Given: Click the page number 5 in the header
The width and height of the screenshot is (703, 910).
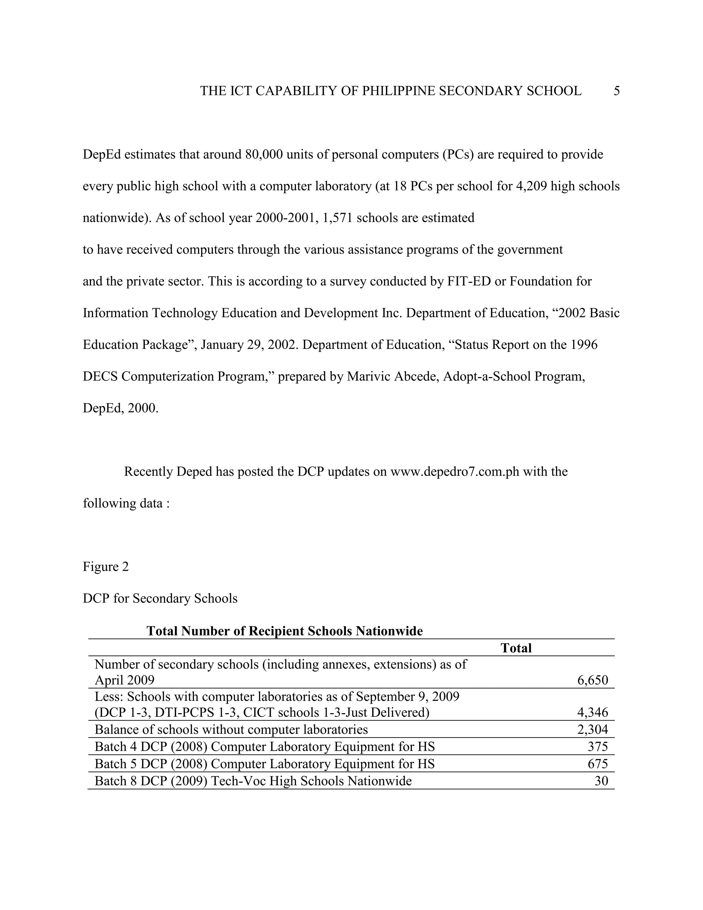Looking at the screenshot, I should point(616,91).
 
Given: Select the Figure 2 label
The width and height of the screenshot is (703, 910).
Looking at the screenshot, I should point(106,567).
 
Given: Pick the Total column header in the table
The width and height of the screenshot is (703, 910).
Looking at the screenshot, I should point(516,648).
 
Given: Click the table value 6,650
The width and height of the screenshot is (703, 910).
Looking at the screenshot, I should point(592,680).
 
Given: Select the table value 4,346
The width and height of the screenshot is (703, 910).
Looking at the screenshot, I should point(592,713).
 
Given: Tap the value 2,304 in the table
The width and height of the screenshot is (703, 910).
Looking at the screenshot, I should point(592,730).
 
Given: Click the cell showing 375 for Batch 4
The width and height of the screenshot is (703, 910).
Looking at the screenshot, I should point(598,747).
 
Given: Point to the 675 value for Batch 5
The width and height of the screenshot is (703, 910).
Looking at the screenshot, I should point(598,764).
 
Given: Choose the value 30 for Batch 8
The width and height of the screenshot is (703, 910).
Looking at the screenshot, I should point(601,781).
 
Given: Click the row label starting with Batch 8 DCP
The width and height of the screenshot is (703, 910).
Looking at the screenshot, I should point(253,781).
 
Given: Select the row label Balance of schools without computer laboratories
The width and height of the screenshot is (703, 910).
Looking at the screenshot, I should point(231,730).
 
